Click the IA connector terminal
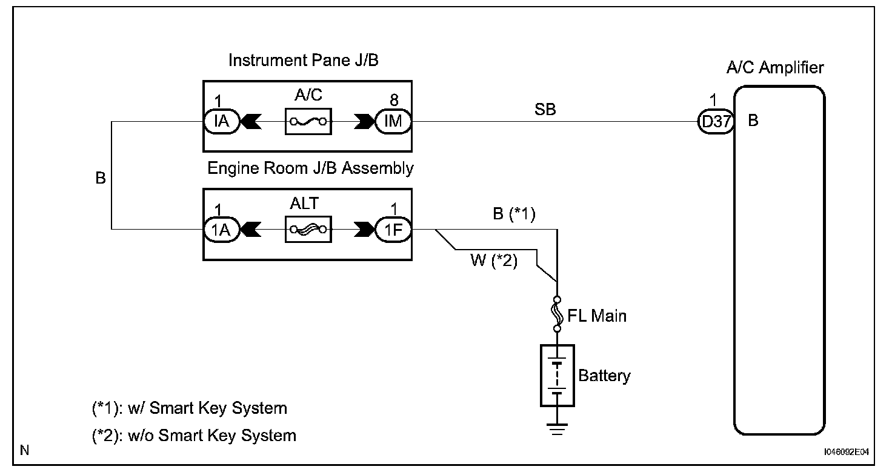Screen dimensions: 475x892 [221, 121]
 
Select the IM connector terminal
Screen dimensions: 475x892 [393, 121]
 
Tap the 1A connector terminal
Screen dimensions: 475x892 [221, 230]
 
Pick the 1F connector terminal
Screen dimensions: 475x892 [393, 230]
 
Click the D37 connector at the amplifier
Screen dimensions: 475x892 [716, 121]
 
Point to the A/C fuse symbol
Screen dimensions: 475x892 [307, 121]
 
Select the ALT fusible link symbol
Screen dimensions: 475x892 [307, 230]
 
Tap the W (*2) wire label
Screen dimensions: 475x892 [494, 263]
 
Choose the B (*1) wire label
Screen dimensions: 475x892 [513, 215]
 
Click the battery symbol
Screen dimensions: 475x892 [557, 376]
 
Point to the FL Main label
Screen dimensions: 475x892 [597, 316]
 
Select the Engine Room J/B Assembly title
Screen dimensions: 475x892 [310, 168]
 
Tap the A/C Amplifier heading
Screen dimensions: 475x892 [775, 67]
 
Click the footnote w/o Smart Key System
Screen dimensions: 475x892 [194, 435]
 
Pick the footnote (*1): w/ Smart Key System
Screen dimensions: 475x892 [189, 408]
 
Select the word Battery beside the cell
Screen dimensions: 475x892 [604, 376]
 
